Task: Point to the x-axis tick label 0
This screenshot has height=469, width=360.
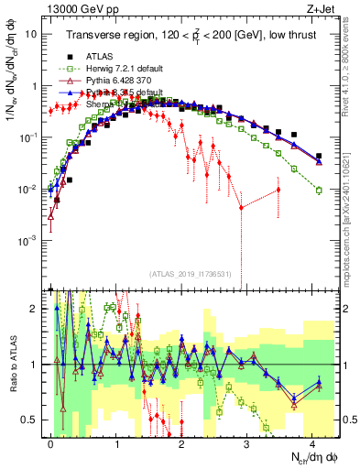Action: point(50,442)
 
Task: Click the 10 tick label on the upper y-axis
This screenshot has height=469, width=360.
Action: point(31,34)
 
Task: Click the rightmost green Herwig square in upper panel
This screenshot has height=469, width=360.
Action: point(319,191)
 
